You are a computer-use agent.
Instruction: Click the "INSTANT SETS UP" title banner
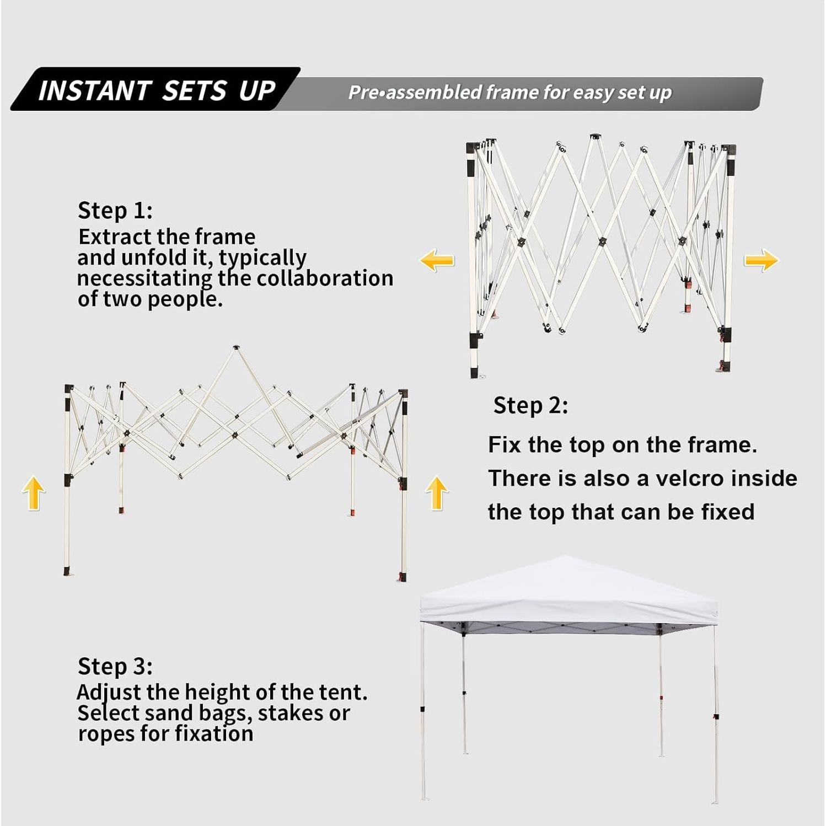(x=156, y=89)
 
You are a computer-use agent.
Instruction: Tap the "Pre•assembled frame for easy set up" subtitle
(x=510, y=92)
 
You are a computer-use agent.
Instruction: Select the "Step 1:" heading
(x=115, y=210)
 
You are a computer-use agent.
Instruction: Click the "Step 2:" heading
(x=530, y=405)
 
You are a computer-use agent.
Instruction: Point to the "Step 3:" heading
(x=115, y=666)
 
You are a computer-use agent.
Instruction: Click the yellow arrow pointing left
(x=437, y=260)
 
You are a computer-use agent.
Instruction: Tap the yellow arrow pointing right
(x=761, y=260)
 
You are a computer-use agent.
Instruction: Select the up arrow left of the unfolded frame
(x=34, y=492)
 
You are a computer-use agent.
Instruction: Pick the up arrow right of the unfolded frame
(x=437, y=492)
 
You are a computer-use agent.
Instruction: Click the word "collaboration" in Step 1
(x=325, y=278)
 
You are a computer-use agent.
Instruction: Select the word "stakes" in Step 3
(x=291, y=713)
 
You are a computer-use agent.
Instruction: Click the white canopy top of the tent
(x=569, y=593)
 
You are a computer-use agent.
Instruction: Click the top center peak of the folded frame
(x=594, y=137)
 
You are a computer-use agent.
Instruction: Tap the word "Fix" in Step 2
(x=505, y=445)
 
